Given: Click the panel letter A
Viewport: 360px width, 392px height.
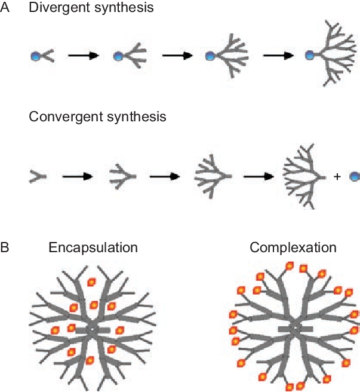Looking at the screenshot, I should [5, 8].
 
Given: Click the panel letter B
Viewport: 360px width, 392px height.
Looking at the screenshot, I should [5, 247].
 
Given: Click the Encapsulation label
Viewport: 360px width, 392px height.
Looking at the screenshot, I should [93, 247].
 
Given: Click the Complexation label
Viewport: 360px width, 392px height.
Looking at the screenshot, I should [293, 247].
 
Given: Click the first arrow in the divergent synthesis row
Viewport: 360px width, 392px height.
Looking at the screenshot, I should [83, 56].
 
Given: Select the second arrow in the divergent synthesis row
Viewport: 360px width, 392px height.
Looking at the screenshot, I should [177, 56].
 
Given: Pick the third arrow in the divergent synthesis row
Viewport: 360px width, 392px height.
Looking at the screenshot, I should [279, 56].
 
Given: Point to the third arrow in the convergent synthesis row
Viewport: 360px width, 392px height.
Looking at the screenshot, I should [259, 176].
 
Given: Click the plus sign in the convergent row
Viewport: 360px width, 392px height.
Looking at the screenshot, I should [337, 177].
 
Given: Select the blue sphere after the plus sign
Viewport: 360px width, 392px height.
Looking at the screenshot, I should [354, 177].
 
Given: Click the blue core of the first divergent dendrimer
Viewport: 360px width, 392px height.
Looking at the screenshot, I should [35, 56].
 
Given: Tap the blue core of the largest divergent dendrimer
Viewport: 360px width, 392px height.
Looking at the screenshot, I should [309, 56].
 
